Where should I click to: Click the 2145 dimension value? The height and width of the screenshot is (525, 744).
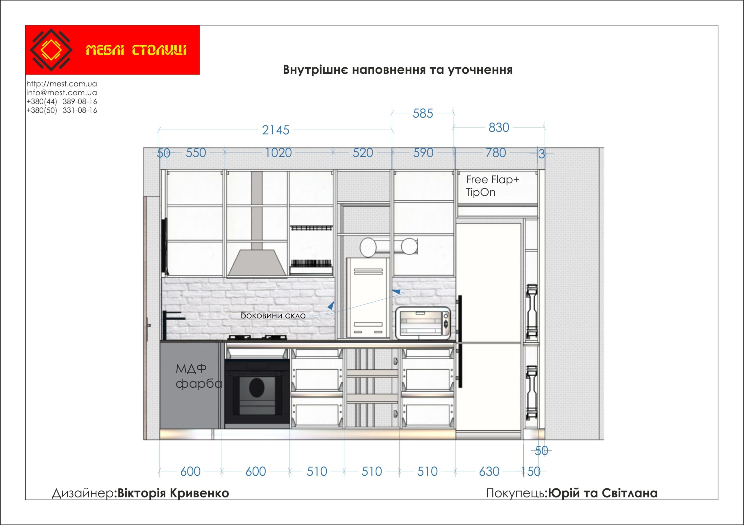point(276,130)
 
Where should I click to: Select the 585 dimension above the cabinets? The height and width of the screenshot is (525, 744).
point(423,114)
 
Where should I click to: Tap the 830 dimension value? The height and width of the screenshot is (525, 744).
point(499,127)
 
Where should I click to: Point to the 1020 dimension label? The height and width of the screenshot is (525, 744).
point(278,153)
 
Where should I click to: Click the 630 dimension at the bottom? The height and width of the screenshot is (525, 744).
point(489,472)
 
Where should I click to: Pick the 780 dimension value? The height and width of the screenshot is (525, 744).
point(496,153)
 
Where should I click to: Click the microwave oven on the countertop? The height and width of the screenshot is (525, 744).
point(423,323)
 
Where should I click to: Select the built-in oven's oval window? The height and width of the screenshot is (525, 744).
point(257,387)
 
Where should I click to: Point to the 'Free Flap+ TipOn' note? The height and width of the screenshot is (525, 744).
point(492,186)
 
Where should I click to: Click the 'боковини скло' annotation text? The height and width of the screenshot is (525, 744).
point(273,315)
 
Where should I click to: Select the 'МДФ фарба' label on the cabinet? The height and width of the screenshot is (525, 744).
point(198,376)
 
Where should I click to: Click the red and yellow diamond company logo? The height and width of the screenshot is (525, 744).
point(51,50)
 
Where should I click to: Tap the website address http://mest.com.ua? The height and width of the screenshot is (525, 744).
point(62,84)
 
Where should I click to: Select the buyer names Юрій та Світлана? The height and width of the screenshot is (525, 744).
point(602,493)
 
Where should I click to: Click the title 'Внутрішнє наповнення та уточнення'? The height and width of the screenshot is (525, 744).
point(398,70)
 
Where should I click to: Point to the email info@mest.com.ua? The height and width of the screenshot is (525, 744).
point(62,93)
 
